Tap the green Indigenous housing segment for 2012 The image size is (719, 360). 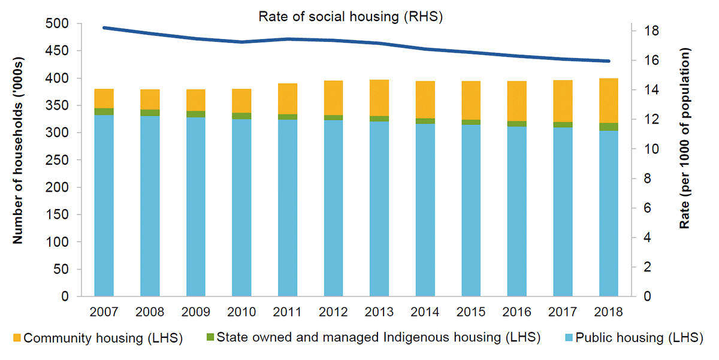click(333, 117)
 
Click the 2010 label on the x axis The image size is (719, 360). click(241, 312)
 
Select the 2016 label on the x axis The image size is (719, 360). click(516, 312)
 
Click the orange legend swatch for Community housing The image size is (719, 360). click(16, 338)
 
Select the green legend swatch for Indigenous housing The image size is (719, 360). click(208, 338)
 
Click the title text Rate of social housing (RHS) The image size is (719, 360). click(351, 16)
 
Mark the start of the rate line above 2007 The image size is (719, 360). click(104, 28)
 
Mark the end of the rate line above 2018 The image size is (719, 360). click(609, 61)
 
